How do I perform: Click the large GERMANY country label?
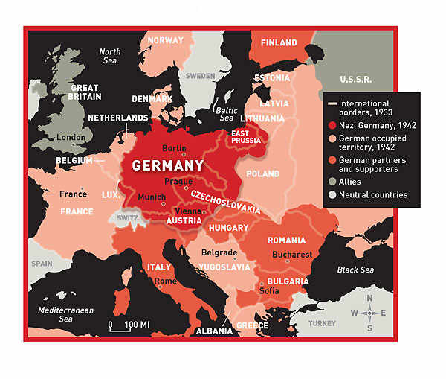[168, 165]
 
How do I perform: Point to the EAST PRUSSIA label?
[246, 136]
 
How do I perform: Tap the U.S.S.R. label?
[356, 79]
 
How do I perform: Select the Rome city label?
[166, 281]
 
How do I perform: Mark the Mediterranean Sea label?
[66, 313]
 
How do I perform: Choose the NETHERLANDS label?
[118, 118]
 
